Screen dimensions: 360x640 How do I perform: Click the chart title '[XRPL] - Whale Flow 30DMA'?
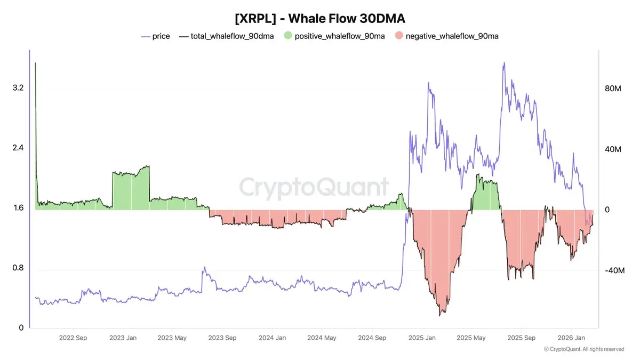[320, 18]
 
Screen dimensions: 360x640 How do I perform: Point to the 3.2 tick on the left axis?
[18, 87]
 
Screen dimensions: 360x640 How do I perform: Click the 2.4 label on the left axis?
[18, 148]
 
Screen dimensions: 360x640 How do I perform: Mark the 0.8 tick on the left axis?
[18, 268]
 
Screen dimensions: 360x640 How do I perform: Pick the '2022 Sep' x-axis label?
[73, 338]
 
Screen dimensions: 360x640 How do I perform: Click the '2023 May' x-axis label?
[172, 338]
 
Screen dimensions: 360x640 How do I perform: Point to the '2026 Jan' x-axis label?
[571, 338]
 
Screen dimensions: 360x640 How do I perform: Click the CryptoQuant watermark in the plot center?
[314, 188]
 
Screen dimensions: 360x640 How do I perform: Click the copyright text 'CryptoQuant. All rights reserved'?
[587, 349]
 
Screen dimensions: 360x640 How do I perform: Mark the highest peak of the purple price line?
[503, 63]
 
